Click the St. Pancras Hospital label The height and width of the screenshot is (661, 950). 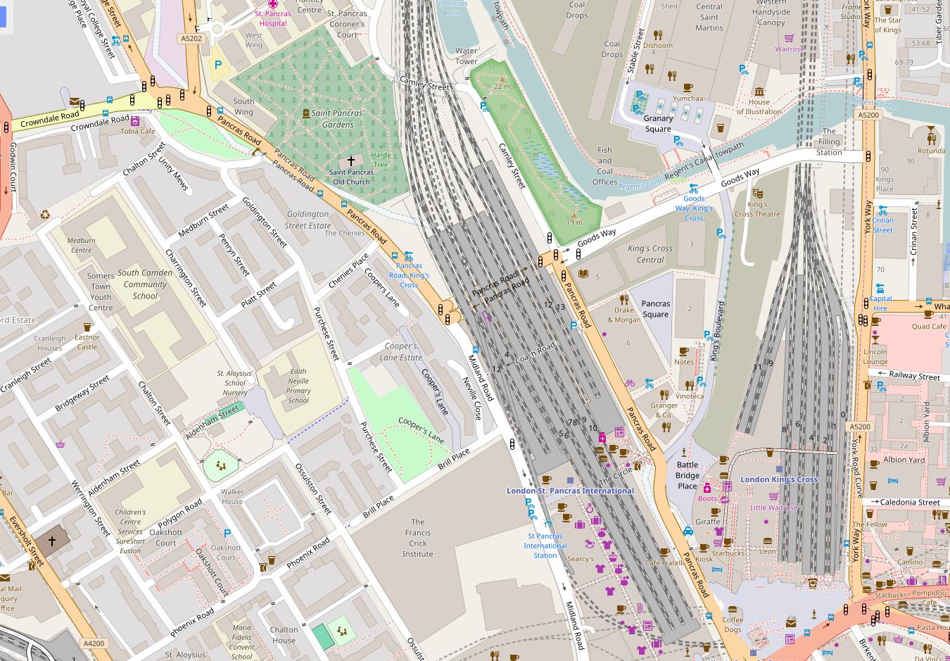[271, 18]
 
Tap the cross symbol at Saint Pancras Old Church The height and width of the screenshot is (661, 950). [351, 161]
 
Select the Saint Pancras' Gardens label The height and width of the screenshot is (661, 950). [338, 119]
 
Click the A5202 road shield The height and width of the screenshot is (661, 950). [191, 39]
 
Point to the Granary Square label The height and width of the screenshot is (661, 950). [658, 124]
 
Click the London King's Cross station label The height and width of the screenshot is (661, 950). [778, 479]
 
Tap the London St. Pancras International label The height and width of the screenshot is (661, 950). [570, 491]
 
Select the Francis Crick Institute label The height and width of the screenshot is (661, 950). [418, 538]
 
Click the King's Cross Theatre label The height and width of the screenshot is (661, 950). [757, 209]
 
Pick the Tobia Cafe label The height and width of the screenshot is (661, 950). [137, 131]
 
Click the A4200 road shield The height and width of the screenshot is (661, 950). [94, 643]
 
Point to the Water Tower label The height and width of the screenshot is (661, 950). [466, 56]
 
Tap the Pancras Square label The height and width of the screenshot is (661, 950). [655, 309]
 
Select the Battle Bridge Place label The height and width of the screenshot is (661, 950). [688, 475]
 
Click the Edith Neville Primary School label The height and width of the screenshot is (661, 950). [298, 386]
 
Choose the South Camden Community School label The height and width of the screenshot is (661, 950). [145, 284]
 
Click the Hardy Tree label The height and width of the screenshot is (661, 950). [381, 160]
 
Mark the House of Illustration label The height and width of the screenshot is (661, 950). [759, 106]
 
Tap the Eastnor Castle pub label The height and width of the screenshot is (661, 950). [87, 341]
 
